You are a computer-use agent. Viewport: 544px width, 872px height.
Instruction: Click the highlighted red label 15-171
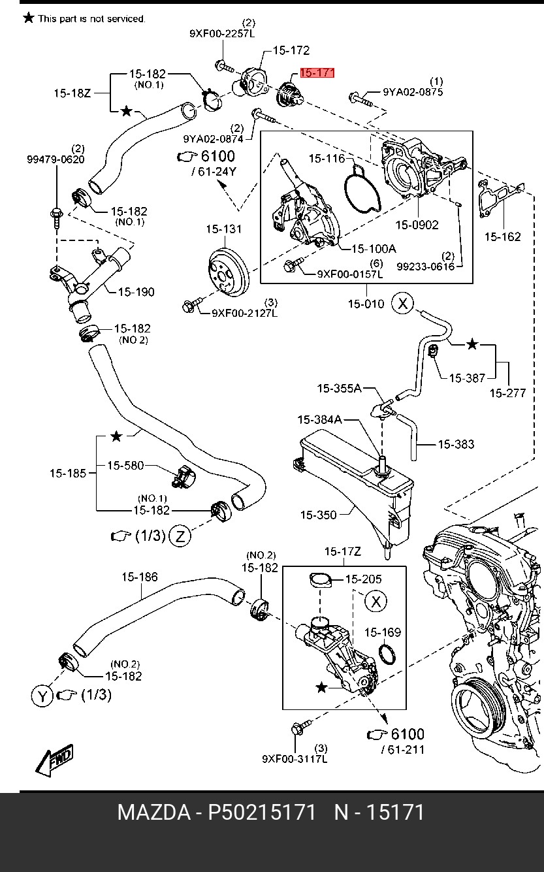317,73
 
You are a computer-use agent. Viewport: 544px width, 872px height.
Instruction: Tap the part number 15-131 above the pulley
223,229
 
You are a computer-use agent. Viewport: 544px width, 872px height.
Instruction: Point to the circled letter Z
180,536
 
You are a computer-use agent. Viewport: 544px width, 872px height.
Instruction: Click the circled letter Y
42,696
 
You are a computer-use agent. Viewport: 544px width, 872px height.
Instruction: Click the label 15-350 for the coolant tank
318,515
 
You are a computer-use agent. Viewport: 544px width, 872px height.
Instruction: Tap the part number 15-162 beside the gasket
502,236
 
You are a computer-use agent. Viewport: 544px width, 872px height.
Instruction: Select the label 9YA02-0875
413,92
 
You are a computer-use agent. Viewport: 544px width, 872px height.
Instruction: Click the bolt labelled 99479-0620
56,214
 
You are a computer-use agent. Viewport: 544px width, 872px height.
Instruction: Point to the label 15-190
136,292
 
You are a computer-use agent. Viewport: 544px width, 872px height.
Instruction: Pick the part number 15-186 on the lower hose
139,577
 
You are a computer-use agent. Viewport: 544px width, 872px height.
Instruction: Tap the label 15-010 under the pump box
366,304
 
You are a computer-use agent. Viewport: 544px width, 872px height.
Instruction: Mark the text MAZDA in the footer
153,813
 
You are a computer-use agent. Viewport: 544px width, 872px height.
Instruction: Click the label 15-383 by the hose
455,444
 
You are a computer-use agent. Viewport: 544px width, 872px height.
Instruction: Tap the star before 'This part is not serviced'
28,18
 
